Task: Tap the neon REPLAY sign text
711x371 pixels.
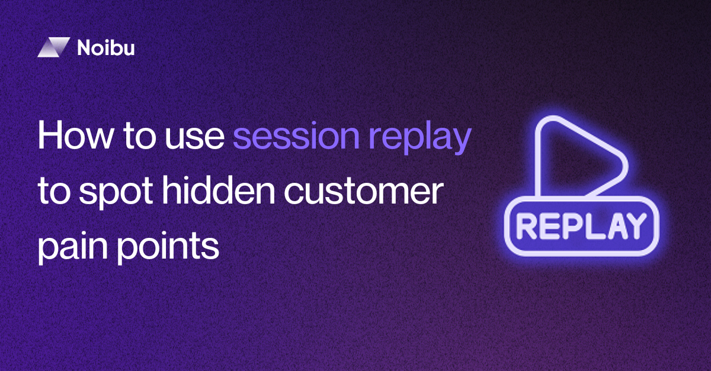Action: (581, 225)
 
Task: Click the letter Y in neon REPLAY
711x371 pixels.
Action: (633, 225)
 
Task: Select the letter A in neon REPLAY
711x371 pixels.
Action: (610, 225)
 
